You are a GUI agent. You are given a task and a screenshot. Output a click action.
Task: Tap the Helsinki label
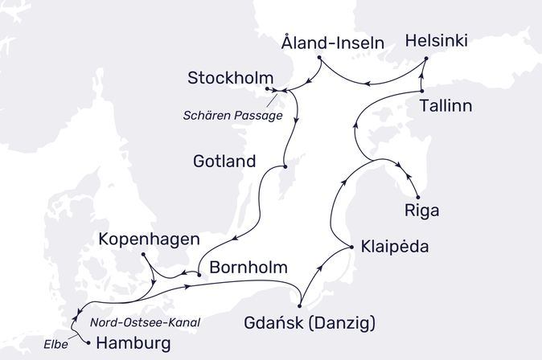point(437,41)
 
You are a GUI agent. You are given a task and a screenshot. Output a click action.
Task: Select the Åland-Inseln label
point(332,41)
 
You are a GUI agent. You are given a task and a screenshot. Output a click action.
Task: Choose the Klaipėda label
point(395,247)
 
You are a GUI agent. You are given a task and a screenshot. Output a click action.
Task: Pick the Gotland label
point(224,162)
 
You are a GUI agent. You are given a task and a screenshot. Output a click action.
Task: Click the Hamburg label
point(133,344)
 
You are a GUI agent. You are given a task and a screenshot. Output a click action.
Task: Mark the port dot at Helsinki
point(426,59)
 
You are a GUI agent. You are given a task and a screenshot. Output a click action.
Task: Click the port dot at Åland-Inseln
point(320,58)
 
